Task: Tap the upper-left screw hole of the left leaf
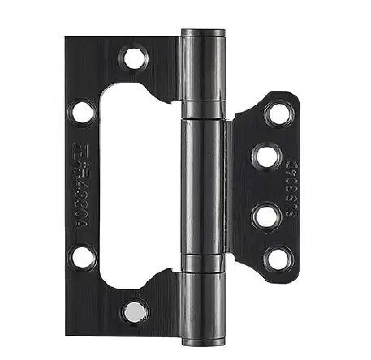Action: (x=82, y=111)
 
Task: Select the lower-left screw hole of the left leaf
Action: (x=82, y=258)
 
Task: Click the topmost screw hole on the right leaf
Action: (x=278, y=113)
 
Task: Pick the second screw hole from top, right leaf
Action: (x=266, y=156)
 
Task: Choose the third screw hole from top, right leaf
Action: (x=266, y=216)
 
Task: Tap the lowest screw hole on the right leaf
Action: (x=278, y=259)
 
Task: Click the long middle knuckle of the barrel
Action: (x=202, y=185)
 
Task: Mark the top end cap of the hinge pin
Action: (x=203, y=33)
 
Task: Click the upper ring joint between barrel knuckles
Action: (x=202, y=110)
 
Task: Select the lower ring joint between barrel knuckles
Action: (x=202, y=263)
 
